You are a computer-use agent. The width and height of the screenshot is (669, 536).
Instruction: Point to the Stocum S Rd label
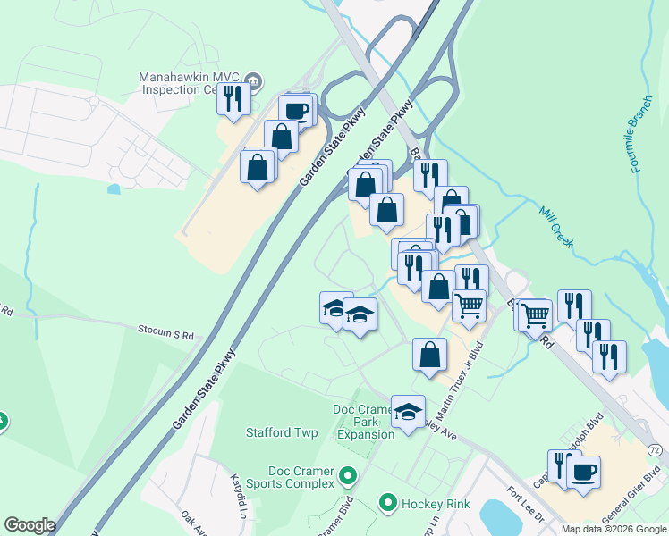coord(165,334)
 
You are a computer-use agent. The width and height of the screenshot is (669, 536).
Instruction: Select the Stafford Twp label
coord(282,432)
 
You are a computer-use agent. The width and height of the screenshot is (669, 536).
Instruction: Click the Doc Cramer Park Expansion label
coord(364,422)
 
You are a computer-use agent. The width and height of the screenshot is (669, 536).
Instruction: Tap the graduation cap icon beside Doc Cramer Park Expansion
coord(408,412)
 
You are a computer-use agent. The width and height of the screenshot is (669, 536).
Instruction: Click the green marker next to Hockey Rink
coord(387,504)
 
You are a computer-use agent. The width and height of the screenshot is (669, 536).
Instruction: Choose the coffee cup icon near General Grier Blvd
coord(583,471)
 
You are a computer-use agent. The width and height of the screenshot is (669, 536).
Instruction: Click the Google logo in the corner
coord(30,525)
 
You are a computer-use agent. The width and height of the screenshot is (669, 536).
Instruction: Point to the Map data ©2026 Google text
coord(614,529)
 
